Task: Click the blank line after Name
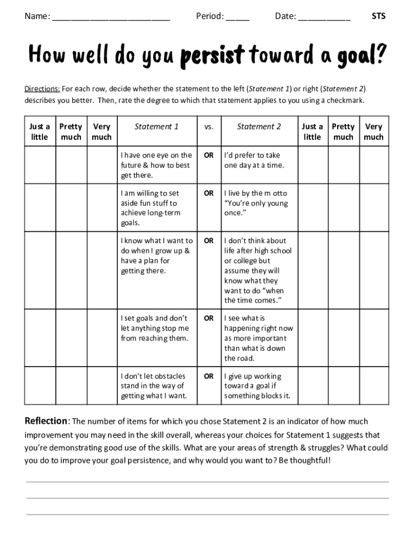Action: point(111,19)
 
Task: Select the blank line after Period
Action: point(238,19)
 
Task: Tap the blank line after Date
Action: point(324,19)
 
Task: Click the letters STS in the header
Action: point(378,16)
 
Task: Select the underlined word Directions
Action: point(42,89)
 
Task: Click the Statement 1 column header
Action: point(156,127)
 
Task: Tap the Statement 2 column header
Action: point(259,127)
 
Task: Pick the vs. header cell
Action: point(208,127)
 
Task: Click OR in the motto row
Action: point(208,193)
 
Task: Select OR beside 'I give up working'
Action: point(208,376)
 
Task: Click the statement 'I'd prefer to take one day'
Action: point(254,160)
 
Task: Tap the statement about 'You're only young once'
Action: point(256,203)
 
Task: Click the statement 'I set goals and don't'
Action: point(155,328)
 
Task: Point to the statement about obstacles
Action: point(154,386)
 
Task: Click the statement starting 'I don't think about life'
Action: point(258,270)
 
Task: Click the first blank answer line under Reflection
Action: point(207,481)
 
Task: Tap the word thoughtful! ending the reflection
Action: point(307,460)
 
